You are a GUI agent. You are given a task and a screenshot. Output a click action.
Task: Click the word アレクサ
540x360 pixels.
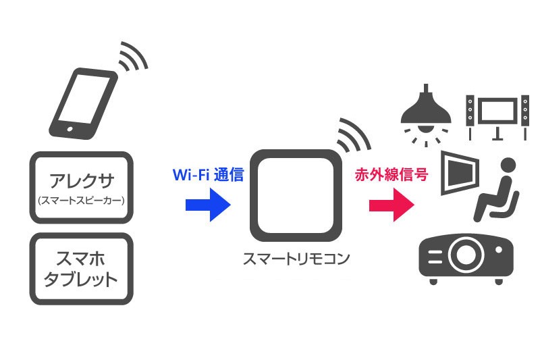81,181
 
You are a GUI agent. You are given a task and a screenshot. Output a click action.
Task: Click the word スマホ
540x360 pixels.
81,257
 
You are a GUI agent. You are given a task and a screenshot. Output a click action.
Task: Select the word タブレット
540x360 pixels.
81,278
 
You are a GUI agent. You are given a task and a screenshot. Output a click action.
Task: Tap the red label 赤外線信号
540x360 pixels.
391,174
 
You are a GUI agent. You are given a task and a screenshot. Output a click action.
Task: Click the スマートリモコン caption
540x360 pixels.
296,259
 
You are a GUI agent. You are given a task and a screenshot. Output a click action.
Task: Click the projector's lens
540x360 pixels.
464,255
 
